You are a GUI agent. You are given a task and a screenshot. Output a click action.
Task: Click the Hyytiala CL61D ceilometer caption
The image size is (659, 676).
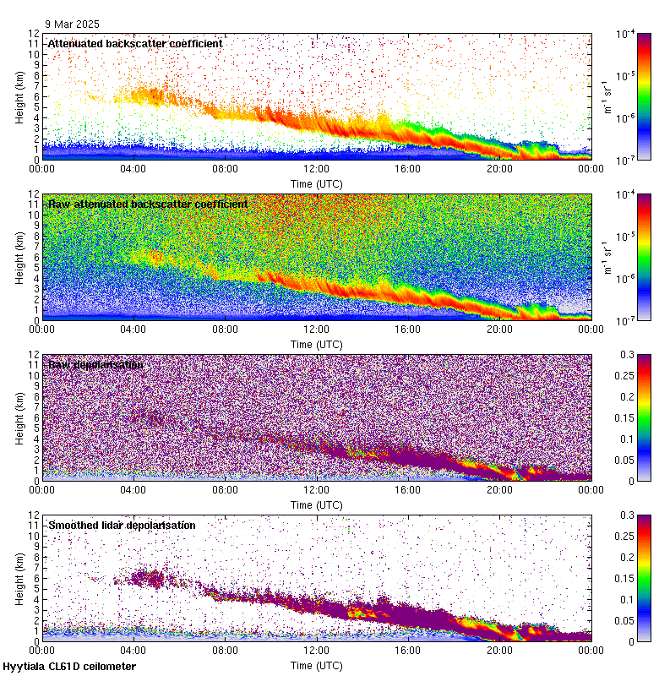[69, 667]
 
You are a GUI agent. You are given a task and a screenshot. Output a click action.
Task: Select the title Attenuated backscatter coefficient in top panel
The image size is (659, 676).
[135, 43]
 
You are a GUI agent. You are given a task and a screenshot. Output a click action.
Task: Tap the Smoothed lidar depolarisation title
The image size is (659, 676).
[122, 525]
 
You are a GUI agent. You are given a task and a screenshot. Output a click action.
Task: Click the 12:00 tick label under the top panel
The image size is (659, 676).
[316, 169]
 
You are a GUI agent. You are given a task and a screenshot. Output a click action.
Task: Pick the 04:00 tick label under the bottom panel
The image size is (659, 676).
[133, 651]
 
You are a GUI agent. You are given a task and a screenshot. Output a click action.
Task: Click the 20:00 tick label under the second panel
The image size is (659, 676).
[498, 330]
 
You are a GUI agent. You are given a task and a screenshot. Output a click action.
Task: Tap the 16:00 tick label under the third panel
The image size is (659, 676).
[407, 490]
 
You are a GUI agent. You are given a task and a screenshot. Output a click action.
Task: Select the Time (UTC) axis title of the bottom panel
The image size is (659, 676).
[316, 665]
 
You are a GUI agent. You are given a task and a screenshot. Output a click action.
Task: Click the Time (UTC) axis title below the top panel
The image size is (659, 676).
[316, 183]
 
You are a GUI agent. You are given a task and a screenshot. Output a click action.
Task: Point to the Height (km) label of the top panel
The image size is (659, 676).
[19, 96]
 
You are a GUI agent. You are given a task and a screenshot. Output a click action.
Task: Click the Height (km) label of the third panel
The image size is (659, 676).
[19, 417]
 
